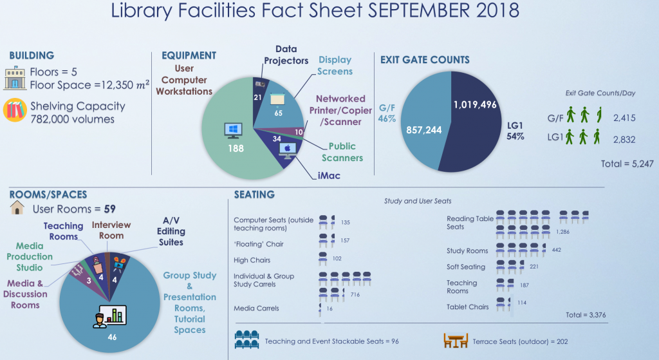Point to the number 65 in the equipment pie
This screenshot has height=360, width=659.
[278, 113]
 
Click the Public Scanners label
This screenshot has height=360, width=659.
[342, 152]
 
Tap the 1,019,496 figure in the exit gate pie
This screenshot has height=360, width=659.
[475, 104]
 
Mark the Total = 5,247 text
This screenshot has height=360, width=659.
[627, 164]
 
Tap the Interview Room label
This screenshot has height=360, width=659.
[111, 230]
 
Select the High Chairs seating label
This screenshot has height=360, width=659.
[252, 260]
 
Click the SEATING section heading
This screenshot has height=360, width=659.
[254, 194]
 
